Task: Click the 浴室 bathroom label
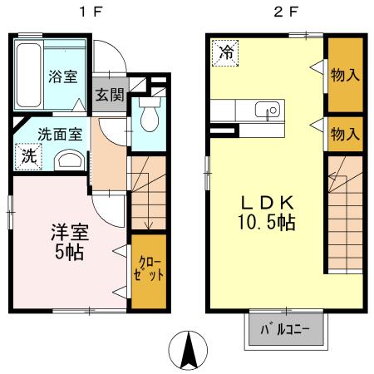[x=63, y=76]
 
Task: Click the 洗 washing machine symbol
[x=27, y=155]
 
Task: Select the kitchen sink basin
[x=268, y=111]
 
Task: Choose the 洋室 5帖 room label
[x=65, y=241]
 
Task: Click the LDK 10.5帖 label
[x=268, y=212]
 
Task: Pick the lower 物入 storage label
[x=344, y=132]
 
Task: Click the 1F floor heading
[x=86, y=12]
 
